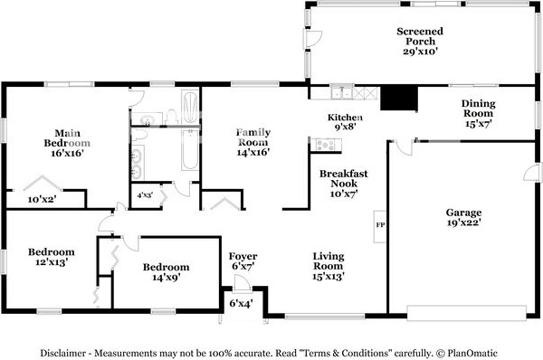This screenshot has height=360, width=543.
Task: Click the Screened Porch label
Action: (420, 42)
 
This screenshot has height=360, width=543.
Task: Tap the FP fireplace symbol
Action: (380, 226)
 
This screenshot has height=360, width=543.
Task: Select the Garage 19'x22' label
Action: (463, 217)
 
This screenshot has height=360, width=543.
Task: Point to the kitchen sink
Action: (341, 92)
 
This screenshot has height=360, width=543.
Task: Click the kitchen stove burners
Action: (326, 145)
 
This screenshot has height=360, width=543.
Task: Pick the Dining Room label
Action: (478, 114)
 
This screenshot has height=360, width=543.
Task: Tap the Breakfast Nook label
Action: (344, 184)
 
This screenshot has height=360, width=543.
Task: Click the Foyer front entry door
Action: (242, 283)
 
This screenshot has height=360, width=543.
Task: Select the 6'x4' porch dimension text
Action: (242, 304)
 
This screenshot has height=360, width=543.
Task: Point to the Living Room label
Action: (329, 266)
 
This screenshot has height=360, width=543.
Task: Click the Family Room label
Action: (253, 142)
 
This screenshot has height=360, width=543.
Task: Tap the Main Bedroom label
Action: (67, 143)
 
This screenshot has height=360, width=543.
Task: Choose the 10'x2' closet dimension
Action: (42, 199)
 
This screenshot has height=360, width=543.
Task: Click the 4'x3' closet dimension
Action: (145, 194)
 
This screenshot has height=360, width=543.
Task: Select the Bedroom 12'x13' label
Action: (52, 257)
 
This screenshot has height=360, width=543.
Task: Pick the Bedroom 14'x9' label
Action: (167, 272)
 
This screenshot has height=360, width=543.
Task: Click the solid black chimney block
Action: (398, 98)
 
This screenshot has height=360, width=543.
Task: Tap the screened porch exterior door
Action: (313, 39)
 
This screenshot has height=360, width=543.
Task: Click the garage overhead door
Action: (466, 313)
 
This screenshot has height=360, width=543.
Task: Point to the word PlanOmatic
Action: (472, 353)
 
